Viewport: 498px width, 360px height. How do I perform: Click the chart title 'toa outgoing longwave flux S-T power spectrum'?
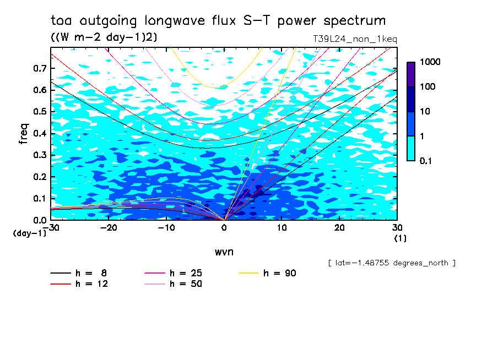click(x=218, y=21)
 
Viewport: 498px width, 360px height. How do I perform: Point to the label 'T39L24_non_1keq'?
click(x=354, y=39)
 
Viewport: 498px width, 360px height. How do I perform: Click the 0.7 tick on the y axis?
click(x=40, y=68)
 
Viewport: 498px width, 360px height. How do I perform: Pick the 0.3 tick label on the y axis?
click(x=40, y=155)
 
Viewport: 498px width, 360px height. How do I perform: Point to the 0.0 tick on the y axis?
click(x=40, y=220)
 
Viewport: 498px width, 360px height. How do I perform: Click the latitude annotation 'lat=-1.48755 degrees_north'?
click(x=391, y=263)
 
